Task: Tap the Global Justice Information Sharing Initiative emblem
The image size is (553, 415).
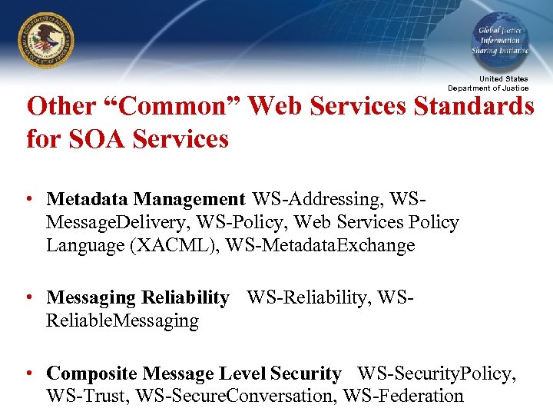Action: [x=500, y=40]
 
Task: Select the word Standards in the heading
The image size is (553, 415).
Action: [x=475, y=107]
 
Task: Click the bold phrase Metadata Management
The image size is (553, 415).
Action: [x=145, y=200]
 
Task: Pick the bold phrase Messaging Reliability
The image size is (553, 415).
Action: [x=137, y=297]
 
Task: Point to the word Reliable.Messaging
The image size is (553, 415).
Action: [x=122, y=320]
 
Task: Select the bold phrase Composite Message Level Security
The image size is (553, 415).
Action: [x=194, y=374]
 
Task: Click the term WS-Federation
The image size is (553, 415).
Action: [x=403, y=397]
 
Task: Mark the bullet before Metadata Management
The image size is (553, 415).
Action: [x=28, y=200]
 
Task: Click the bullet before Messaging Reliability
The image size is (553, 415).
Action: [x=28, y=297]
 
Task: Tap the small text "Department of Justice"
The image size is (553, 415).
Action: [x=488, y=88]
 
